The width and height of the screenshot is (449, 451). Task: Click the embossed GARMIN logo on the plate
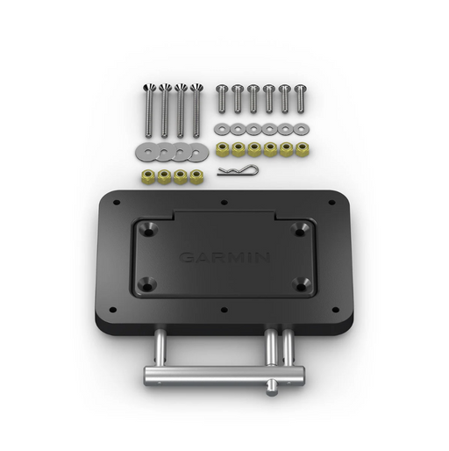click(x=224, y=258)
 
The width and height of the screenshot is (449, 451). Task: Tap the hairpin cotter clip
click(x=238, y=170)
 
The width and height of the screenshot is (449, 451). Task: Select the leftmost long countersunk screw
click(x=149, y=111)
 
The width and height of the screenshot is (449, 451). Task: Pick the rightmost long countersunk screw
click(x=196, y=111)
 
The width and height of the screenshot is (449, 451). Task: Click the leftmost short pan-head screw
click(x=222, y=98)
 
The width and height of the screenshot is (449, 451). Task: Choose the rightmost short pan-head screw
click(x=300, y=98)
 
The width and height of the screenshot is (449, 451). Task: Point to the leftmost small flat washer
click(x=221, y=129)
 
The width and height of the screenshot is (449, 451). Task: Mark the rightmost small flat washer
click(x=301, y=129)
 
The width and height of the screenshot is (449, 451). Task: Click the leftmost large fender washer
click(x=146, y=152)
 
